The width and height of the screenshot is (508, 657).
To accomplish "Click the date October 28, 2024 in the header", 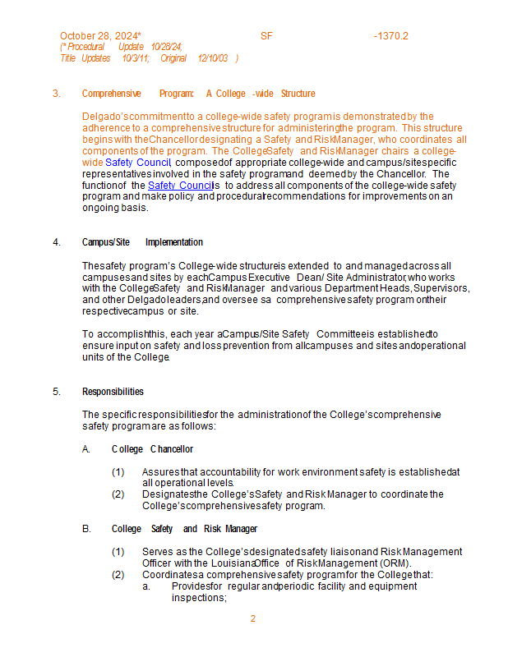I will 99,36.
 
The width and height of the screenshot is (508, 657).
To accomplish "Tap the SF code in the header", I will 266,36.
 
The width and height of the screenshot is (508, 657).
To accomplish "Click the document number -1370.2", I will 390,36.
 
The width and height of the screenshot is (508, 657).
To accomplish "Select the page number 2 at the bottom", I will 253,618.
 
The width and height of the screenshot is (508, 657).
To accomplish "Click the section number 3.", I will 57,94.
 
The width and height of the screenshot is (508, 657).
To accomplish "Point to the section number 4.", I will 57,242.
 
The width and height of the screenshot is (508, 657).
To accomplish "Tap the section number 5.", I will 57,392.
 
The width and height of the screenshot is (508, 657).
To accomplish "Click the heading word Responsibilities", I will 113,392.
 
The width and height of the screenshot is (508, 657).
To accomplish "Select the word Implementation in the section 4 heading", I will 174,242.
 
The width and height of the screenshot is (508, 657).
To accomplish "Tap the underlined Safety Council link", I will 180,186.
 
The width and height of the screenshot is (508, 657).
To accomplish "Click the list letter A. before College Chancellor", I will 86,449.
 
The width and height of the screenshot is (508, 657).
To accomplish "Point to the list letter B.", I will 86,529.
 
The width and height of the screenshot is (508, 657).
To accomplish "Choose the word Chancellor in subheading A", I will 172,449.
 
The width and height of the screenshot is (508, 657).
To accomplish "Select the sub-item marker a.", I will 145,586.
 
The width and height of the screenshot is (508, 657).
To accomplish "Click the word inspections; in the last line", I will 199,598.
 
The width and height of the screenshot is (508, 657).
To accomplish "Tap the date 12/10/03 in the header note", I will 213,58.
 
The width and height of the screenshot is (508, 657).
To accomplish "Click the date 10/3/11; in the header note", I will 136,58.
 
